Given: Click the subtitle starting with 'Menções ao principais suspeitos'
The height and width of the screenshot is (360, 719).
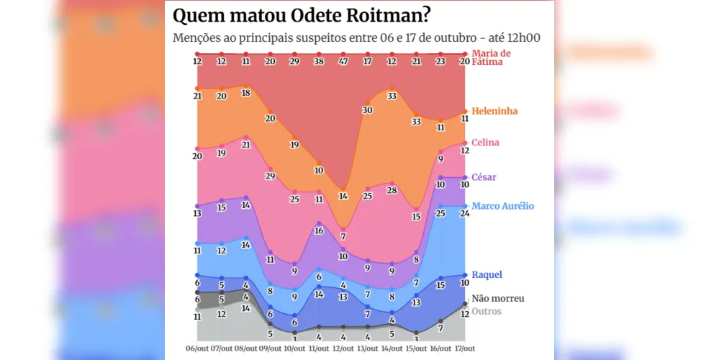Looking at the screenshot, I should pyautogui.click(x=356, y=37).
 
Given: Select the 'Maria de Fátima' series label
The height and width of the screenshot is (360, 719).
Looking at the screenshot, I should pyautogui.click(x=491, y=58).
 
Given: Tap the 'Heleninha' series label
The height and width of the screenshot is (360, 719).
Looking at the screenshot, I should pyautogui.click(x=494, y=111).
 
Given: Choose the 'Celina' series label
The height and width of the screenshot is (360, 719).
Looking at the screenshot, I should pyautogui.click(x=485, y=143).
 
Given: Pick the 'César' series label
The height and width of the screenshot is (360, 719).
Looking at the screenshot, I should pyautogui.click(x=484, y=177).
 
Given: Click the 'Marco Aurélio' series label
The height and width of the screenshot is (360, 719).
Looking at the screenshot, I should pyautogui.click(x=502, y=206).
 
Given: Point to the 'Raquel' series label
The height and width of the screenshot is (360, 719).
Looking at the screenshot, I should pyautogui.click(x=487, y=274).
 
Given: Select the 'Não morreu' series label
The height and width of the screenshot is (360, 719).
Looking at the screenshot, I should pyautogui.click(x=497, y=298).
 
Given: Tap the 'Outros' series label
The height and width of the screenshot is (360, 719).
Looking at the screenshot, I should pyautogui.click(x=486, y=311).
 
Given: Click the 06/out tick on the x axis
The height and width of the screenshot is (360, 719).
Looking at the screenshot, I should pyautogui.click(x=197, y=349).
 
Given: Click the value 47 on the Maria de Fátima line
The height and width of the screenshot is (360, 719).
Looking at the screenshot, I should pyautogui.click(x=343, y=62).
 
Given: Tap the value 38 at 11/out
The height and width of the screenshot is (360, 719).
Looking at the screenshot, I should pyautogui.click(x=319, y=62).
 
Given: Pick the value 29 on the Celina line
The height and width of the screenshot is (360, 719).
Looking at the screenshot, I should pyautogui.click(x=270, y=176).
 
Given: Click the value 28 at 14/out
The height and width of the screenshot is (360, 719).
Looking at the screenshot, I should pyautogui.click(x=392, y=190).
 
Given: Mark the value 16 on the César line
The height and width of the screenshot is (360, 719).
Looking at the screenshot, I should pyautogui.click(x=319, y=231).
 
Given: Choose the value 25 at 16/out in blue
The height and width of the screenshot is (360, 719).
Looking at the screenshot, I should pyautogui.click(x=440, y=213).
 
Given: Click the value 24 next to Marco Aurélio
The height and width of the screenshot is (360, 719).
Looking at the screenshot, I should pyautogui.click(x=465, y=213).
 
